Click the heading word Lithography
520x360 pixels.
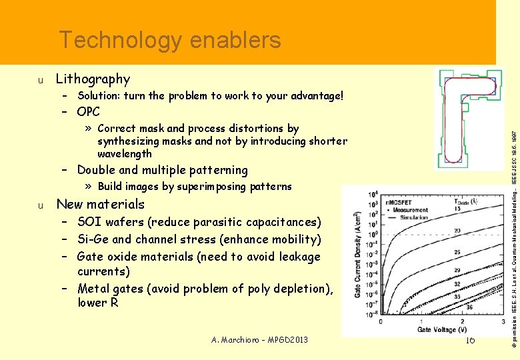click(93, 79)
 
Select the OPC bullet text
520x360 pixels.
click(88, 111)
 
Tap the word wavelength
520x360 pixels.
click(125, 153)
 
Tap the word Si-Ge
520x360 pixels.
click(93, 239)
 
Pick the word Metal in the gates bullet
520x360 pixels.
click(95, 289)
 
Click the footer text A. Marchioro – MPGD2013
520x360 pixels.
click(259, 340)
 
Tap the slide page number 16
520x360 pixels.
click(469, 340)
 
